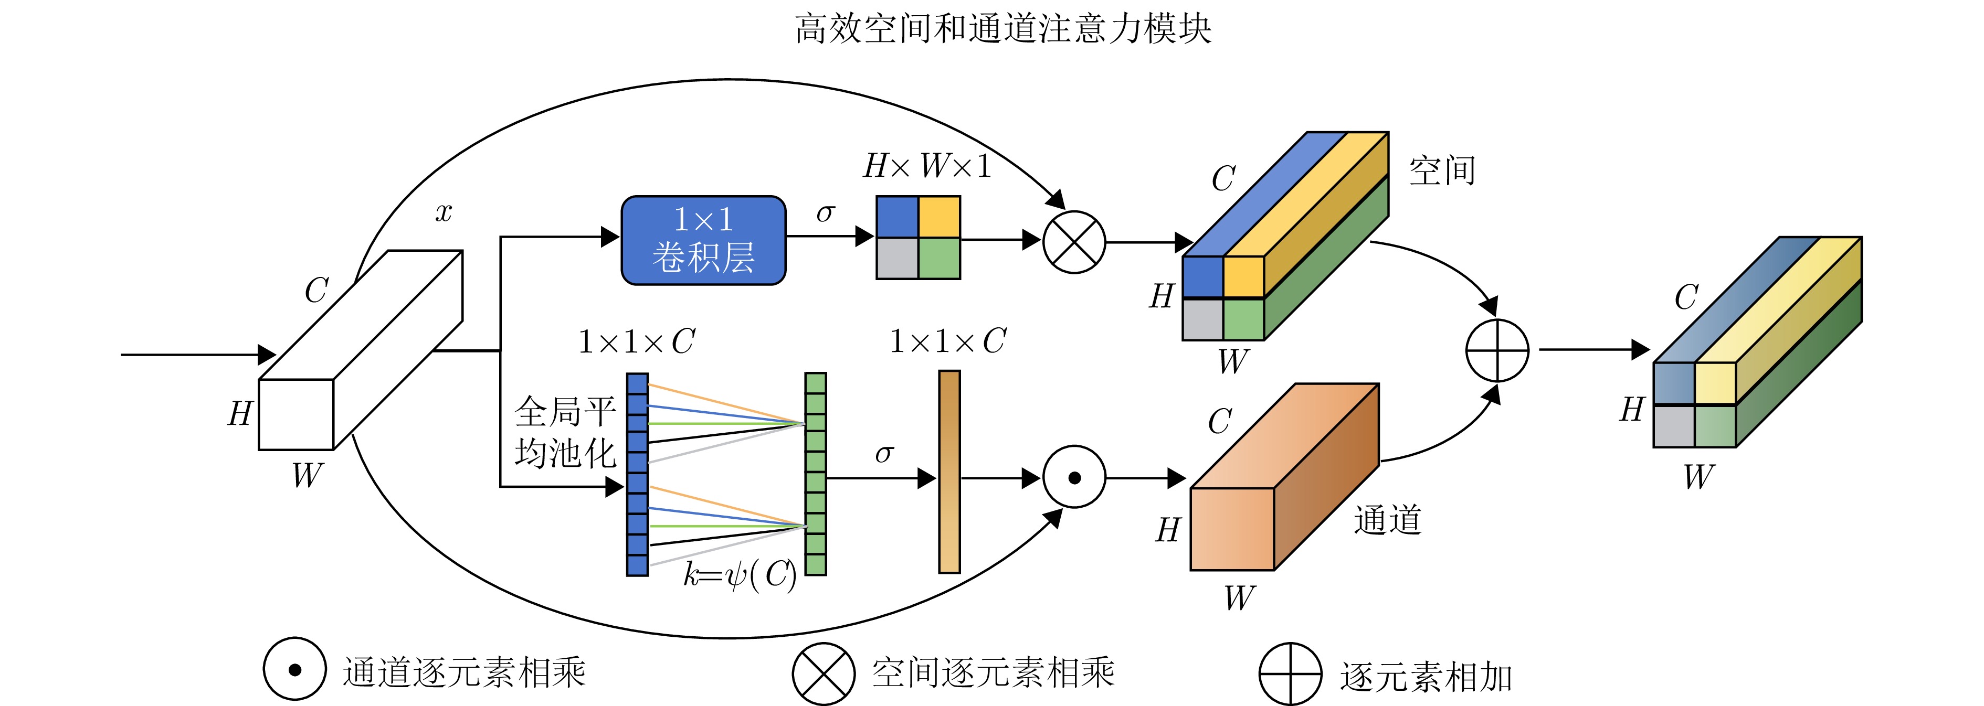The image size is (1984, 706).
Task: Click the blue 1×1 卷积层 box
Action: pyautogui.click(x=703, y=240)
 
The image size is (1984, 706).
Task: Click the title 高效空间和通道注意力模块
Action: pyautogui.click(x=1003, y=28)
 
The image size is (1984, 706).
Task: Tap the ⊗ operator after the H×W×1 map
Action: pyautogui.click(x=1074, y=242)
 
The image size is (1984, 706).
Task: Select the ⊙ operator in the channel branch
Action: pyautogui.click(x=1074, y=477)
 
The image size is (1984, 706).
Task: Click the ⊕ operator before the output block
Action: pyautogui.click(x=1496, y=350)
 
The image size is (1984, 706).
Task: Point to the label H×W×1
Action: pyautogui.click(x=926, y=166)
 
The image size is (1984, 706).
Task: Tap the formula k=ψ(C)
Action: pyautogui.click(x=740, y=574)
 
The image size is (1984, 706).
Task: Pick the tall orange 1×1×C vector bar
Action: pyautogui.click(x=949, y=471)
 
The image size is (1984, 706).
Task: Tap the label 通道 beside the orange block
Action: pyautogui.click(x=1387, y=520)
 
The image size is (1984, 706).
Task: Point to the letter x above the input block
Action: pyautogui.click(x=444, y=212)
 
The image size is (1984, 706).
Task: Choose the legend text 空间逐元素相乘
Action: pyautogui.click(x=993, y=672)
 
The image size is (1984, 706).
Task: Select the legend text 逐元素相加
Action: pyautogui.click(x=1426, y=677)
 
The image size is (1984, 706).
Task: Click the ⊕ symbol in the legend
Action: pyautogui.click(x=1290, y=673)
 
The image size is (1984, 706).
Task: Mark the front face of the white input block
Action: pyautogui.click(x=296, y=414)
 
